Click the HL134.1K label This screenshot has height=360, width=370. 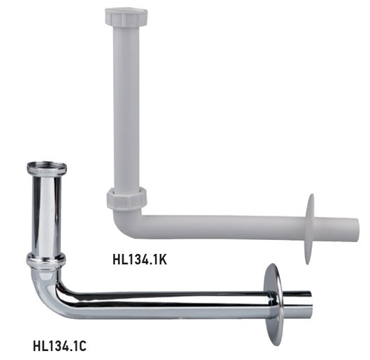pyautogui.click(x=140, y=260)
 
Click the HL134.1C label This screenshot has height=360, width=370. pyautogui.click(x=60, y=346)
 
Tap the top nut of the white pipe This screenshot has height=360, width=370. pyautogui.click(x=126, y=17)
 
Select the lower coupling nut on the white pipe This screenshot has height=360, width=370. pyautogui.click(x=127, y=198)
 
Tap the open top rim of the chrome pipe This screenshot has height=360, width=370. pyautogui.click(x=47, y=167)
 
